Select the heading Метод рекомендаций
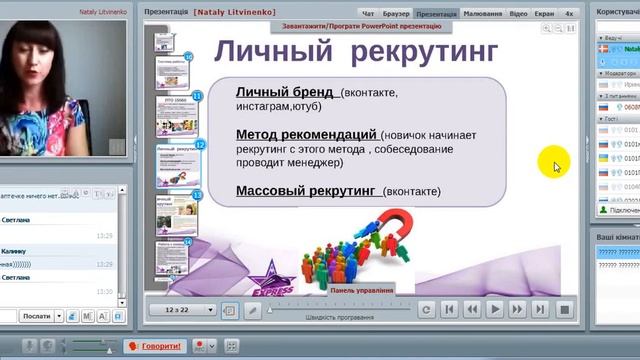(306, 134)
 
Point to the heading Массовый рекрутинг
(306, 190)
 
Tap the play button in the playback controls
(494, 310)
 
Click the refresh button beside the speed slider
(427, 310)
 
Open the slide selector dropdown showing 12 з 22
(182, 310)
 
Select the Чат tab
(368, 15)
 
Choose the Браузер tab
(396, 15)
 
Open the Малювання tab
(482, 15)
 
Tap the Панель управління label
(362, 290)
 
